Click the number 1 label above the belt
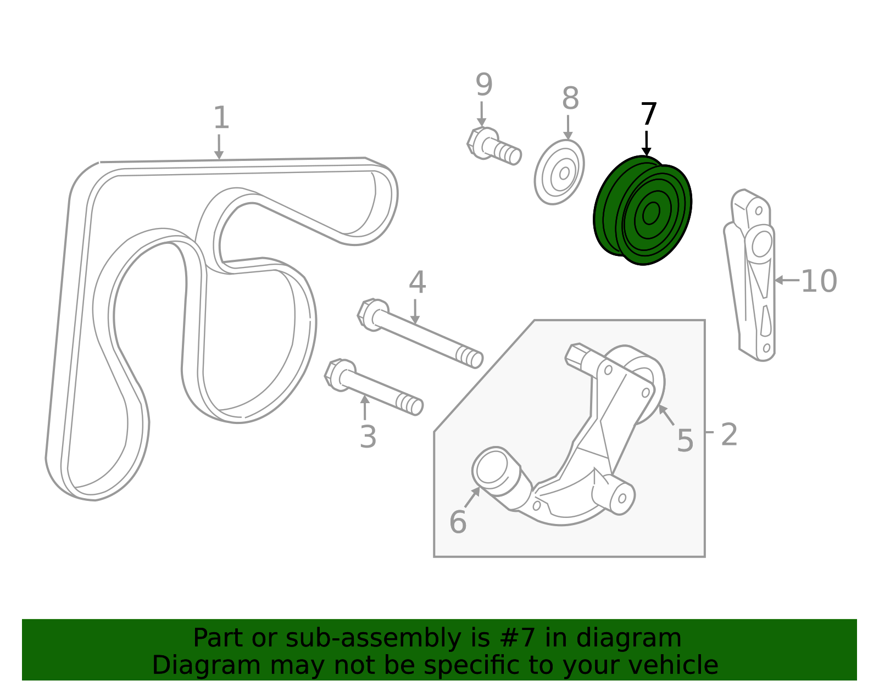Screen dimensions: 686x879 click(x=220, y=118)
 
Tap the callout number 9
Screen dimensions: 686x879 click(x=483, y=85)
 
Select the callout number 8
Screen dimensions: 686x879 click(x=570, y=99)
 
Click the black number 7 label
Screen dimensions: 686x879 click(x=649, y=114)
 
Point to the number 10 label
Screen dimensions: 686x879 click(x=819, y=281)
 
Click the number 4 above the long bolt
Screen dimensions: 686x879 click(x=417, y=283)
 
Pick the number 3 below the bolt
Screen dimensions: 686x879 click(x=368, y=437)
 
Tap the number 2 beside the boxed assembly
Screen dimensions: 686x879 click(x=729, y=435)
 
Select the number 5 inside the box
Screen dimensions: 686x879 click(x=685, y=440)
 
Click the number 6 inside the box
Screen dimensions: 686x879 click(x=458, y=522)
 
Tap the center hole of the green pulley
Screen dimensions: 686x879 click(x=651, y=213)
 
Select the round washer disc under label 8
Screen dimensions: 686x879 click(x=559, y=172)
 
